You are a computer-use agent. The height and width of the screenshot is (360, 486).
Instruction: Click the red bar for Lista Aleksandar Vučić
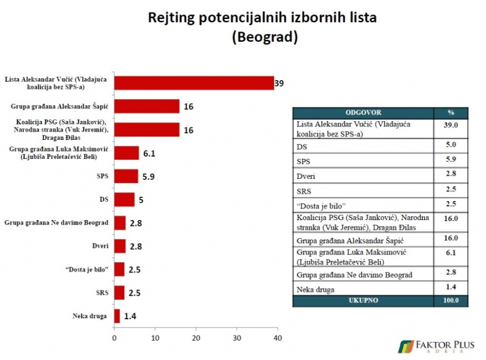point(194,83)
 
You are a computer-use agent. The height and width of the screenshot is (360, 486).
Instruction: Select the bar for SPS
point(126,176)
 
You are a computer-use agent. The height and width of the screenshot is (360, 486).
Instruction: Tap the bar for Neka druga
point(117,315)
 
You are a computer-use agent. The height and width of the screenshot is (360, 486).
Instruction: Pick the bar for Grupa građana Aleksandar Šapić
point(147,106)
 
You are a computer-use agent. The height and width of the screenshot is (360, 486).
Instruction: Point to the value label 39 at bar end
point(280,83)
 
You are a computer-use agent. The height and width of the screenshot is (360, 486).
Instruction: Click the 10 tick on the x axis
point(155,338)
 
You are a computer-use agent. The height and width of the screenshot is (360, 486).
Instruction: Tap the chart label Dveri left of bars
point(101,246)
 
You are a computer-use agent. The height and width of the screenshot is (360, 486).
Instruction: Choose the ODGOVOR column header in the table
point(363,113)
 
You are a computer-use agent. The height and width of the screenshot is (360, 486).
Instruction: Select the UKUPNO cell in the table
point(363,301)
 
